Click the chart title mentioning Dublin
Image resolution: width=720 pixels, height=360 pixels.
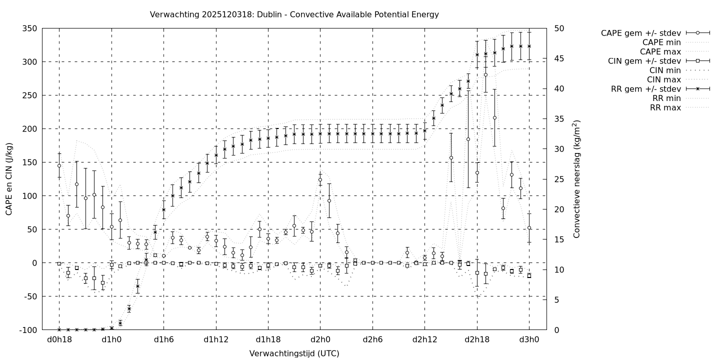(x=294, y=14)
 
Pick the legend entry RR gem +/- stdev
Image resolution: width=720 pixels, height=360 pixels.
(x=645, y=89)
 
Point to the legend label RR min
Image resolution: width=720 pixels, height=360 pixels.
(x=665, y=98)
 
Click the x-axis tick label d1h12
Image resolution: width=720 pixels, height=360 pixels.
(x=216, y=339)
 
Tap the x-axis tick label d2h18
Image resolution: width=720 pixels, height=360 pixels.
(x=477, y=339)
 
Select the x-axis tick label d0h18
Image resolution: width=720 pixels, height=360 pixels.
(x=59, y=339)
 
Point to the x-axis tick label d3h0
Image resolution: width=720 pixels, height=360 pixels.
(x=529, y=339)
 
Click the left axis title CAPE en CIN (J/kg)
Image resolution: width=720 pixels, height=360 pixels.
(x=9, y=179)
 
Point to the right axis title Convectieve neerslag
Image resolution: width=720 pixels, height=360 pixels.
(x=577, y=179)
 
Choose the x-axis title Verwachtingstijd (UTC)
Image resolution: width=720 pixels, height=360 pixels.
(x=294, y=353)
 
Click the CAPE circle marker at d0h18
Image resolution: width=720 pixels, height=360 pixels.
(x=59, y=165)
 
